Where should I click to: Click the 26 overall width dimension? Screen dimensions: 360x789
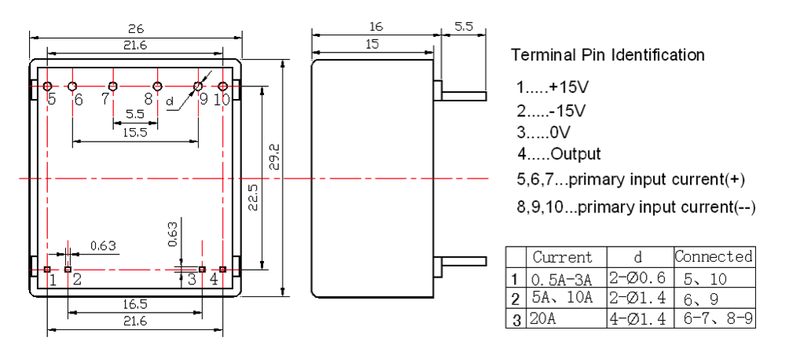136,28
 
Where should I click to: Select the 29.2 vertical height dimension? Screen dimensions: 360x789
272,160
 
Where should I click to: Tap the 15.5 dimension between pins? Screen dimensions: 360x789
135,133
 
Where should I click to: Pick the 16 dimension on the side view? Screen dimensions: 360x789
376,27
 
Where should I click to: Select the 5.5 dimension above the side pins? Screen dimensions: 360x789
464,27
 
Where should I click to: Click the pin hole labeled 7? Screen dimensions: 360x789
113,86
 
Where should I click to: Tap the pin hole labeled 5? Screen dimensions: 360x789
48,86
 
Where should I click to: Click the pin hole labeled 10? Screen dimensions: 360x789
223,86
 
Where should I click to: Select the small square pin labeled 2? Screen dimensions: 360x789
68,270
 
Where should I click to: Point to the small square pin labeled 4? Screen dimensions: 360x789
222,270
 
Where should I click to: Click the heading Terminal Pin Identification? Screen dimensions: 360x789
607,56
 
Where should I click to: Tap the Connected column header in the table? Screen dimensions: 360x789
714,256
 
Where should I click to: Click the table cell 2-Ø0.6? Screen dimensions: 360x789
638,278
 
